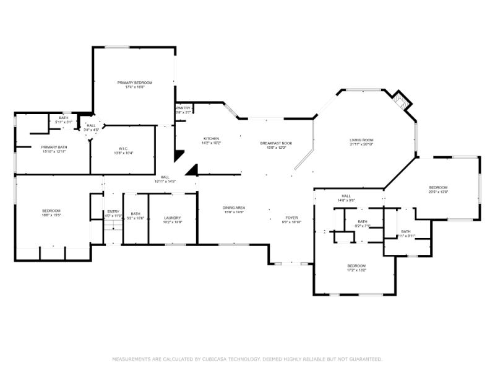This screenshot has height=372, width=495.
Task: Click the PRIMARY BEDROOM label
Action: (135, 82)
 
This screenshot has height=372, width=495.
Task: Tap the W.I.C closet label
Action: (123, 148)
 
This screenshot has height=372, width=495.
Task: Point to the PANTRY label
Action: (183, 108)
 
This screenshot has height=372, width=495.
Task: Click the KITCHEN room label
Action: (211, 138)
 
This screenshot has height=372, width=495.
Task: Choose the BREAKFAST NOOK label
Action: (275, 143)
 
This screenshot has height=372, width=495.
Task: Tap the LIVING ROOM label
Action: (361, 140)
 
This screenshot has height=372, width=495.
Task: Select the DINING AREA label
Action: (234, 208)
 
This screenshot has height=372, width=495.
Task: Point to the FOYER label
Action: (291, 218)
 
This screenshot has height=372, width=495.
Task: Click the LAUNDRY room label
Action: (172, 218)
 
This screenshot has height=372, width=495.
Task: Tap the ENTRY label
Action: (113, 211)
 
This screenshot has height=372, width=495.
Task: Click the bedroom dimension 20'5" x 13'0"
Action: (438, 192)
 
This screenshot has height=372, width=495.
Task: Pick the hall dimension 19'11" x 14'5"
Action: (165, 181)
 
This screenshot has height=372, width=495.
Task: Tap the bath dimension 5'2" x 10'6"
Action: (135, 218)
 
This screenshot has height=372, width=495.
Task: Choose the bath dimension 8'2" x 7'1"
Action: (362, 226)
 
